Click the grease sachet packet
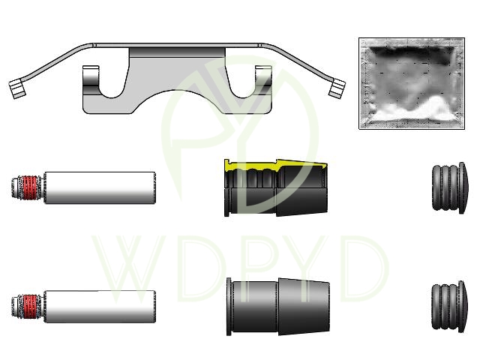412,83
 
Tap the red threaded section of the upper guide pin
30,187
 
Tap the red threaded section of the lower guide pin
30,307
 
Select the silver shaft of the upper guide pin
100,187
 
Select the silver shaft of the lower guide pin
100,307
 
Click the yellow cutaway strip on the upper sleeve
275,165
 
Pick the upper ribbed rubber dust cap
450,187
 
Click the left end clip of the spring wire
16,88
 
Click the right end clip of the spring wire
337,88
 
